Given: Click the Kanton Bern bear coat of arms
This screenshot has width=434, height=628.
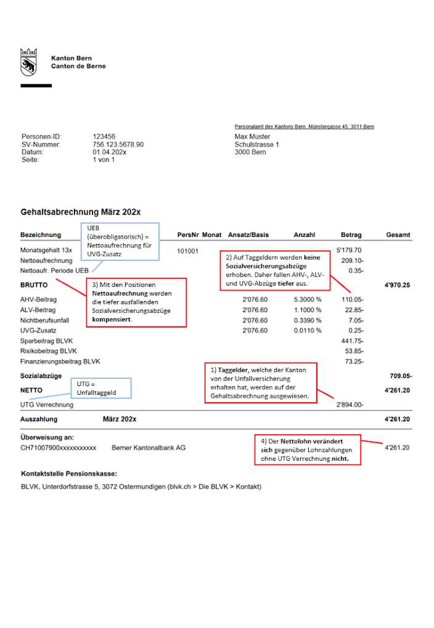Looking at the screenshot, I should click(28, 62).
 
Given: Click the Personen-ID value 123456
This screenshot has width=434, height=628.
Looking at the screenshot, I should click(104, 136).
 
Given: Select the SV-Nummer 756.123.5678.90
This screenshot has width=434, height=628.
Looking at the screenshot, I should click(118, 144).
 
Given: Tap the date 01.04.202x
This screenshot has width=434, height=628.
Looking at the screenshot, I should click(110, 152).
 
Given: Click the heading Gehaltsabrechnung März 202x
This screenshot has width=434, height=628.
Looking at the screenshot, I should click(81, 212).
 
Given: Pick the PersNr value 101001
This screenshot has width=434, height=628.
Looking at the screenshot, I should click(187, 251).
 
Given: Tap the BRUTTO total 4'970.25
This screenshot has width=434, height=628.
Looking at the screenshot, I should click(398, 286).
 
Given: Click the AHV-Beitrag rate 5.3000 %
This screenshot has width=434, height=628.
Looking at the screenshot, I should click(308, 299).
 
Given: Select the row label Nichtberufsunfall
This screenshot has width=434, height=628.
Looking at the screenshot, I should click(45, 320).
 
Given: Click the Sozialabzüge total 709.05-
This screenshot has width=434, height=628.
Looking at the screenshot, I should click(399, 376).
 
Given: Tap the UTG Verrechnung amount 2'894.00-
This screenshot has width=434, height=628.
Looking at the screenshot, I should click(350, 405).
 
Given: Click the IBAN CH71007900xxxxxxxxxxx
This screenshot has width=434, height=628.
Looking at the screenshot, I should click(58, 447).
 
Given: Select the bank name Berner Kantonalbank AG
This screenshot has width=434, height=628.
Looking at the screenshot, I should click(149, 447).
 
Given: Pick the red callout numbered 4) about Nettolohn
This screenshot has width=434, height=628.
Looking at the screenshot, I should click(308, 450).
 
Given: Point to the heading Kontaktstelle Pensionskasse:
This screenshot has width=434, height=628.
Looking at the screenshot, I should click(68, 474).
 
